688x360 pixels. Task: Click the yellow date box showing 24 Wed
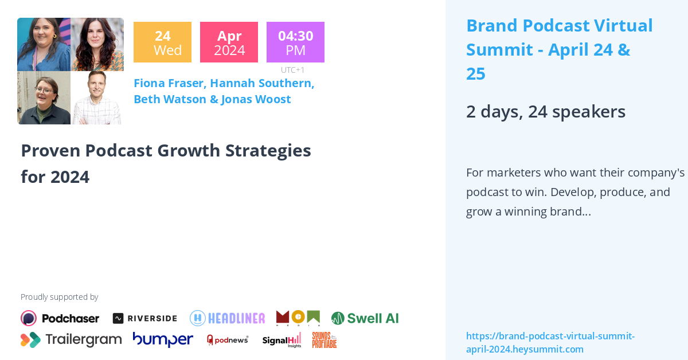tap(162, 42)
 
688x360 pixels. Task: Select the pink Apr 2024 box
tap(229, 42)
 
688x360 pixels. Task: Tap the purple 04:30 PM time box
tap(295, 42)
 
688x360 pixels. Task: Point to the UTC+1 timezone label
tap(292, 70)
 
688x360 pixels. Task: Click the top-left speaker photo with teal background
tap(44, 44)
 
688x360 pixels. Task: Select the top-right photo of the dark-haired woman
tap(97, 44)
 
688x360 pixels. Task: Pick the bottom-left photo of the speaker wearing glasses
tap(44, 97)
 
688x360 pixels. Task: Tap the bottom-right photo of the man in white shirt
tap(97, 97)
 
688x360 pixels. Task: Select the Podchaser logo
tap(60, 318)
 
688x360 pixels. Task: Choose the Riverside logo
tap(144, 318)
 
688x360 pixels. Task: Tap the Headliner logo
tap(228, 318)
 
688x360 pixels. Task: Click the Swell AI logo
tap(365, 318)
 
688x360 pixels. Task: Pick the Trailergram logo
tap(71, 340)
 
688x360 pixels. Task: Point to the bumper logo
tap(163, 339)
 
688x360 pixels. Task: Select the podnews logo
tap(228, 340)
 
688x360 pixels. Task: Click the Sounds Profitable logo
tap(324, 340)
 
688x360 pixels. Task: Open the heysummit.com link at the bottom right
tap(550, 342)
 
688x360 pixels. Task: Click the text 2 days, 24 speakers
tap(545, 111)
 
